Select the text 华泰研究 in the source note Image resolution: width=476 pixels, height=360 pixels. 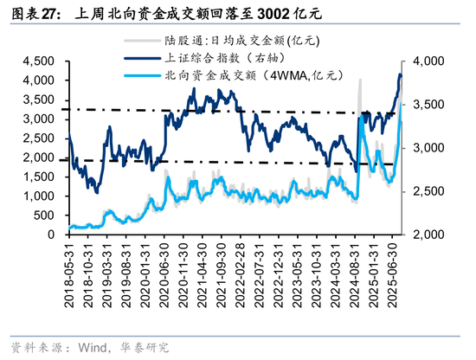145,347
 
